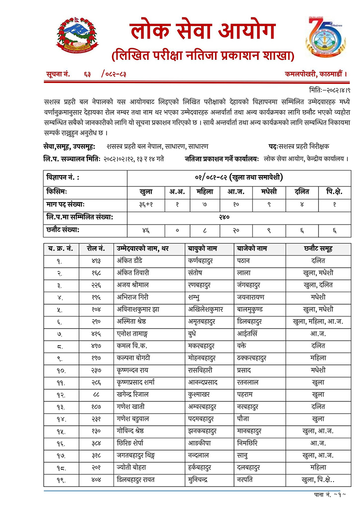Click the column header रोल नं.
click(96, 248)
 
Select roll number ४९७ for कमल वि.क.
click(96, 347)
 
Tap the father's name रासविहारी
click(202, 371)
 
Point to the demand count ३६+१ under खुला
click(145, 204)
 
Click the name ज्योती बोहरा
click(130, 467)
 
